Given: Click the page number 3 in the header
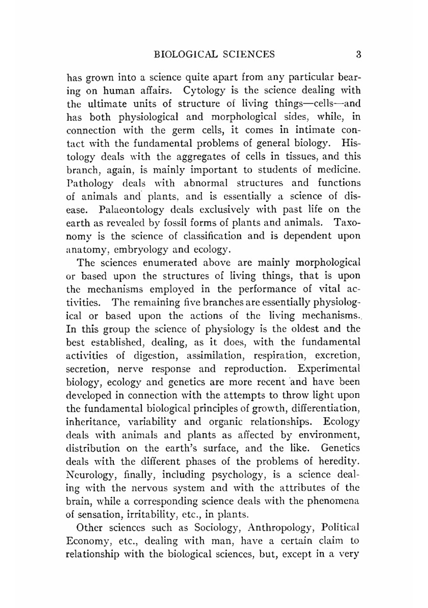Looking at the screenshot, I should (358, 54).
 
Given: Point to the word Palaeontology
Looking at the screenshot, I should (131, 210).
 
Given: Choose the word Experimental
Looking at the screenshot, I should (328, 369).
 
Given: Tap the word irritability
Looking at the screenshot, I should (156, 515).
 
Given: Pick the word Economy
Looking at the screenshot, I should (88, 541).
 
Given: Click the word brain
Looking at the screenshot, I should (78, 501).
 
